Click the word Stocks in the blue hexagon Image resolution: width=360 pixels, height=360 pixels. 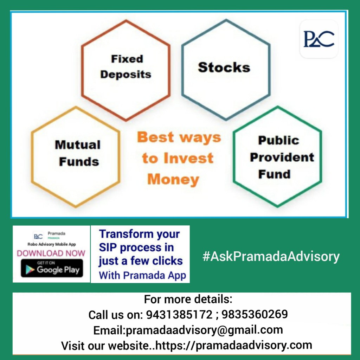[x=224, y=67]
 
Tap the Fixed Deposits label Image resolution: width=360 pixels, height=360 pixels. [x=126, y=67]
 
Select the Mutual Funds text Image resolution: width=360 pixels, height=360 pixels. [x=78, y=153]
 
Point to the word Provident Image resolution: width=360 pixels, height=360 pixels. [x=282, y=157]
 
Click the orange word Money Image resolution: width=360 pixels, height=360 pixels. [x=173, y=180]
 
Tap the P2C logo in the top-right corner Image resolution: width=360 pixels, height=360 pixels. [x=319, y=39]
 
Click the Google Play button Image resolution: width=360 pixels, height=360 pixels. [x=52, y=268]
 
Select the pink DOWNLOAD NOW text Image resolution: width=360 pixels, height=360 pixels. [x=51, y=253]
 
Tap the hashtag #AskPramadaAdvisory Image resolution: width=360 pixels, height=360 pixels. [x=271, y=256]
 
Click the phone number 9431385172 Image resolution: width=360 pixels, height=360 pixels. [x=179, y=314]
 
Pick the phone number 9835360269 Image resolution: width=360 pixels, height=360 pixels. [x=255, y=314]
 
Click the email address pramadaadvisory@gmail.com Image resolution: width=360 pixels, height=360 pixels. [x=204, y=330]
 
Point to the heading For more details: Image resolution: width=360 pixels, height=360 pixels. [x=188, y=299]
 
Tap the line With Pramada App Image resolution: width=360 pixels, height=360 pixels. [x=142, y=276]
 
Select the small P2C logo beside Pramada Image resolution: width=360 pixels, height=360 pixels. [x=38, y=237]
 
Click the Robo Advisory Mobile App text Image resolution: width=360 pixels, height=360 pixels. [x=52, y=244]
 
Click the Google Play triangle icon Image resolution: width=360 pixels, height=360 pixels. [x=30, y=270]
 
